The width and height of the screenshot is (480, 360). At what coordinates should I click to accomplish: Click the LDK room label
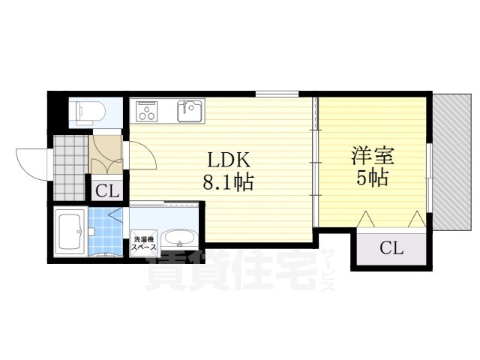coord(229,159)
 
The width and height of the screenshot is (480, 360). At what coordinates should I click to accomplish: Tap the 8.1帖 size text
coord(228,182)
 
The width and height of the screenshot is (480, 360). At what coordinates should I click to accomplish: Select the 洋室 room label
coord(373,155)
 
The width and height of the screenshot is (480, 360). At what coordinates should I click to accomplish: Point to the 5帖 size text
coord(373,178)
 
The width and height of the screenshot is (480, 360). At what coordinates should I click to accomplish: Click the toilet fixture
coord(87,112)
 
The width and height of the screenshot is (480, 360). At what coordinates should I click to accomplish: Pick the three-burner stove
coord(147,111)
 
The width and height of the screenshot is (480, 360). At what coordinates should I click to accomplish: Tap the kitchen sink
coord(190,110)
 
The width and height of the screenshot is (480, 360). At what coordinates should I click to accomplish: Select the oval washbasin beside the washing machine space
coord(179,238)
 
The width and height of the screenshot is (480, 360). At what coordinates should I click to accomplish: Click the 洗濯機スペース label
coord(143,243)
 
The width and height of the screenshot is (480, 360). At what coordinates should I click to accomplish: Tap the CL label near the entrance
coord(107,192)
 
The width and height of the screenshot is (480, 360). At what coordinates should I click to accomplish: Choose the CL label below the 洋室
coord(391,248)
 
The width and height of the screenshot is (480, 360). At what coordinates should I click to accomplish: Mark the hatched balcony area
coord(452,162)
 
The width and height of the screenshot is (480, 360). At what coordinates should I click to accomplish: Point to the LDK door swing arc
coord(147,153)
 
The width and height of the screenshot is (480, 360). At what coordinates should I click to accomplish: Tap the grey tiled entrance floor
coord(70,168)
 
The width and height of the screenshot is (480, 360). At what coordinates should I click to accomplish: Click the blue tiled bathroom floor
coord(106,232)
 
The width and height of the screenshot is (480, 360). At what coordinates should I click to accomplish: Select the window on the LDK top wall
coord(277,94)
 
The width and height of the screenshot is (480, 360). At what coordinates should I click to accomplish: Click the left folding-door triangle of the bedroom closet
coord(367,219)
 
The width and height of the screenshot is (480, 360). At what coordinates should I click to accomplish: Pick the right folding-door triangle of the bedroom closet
coord(417,219)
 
